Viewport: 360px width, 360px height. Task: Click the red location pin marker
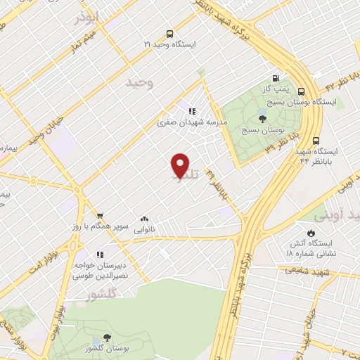coord(181,165)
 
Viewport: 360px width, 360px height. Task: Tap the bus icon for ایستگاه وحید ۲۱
coord(169,33)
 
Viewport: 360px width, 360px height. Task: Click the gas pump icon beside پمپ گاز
coord(276,78)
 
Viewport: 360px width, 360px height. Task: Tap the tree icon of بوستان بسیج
coord(262,120)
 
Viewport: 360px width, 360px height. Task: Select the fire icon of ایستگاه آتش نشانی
coord(311,233)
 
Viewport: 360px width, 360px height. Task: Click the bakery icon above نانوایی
coord(145,219)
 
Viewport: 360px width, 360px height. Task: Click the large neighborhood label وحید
coord(139,84)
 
